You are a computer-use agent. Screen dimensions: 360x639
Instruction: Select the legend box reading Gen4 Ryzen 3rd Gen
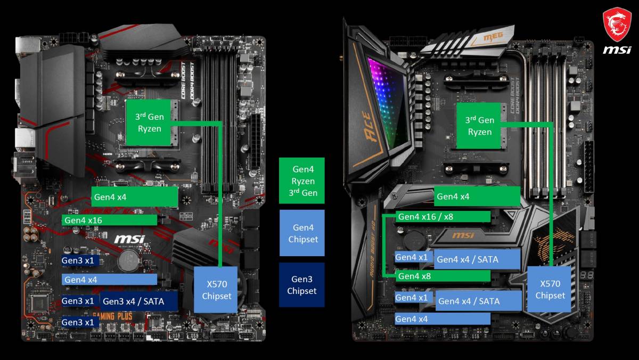pyautogui.click(x=301, y=181)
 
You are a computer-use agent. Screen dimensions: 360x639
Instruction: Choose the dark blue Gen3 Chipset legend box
pyautogui.click(x=301, y=285)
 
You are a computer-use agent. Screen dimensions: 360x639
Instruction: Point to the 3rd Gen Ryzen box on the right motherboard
pyautogui.click(x=480, y=126)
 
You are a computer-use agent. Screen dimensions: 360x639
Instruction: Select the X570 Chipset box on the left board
pyautogui.click(x=217, y=289)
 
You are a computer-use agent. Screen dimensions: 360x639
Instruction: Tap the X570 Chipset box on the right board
pyautogui.click(x=550, y=289)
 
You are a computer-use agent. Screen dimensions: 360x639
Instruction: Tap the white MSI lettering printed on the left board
pyautogui.click(x=129, y=239)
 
